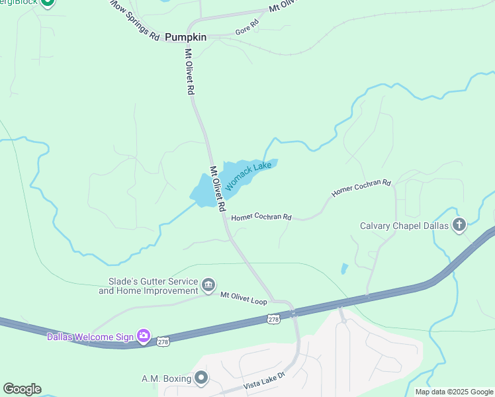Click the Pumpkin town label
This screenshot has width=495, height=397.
pos(185,37)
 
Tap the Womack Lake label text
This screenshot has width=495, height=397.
pos(249,176)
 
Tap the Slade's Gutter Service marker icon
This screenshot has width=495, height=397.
pos(208,285)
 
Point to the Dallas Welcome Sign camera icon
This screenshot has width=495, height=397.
pos(143,336)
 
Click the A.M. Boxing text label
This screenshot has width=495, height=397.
pos(166,378)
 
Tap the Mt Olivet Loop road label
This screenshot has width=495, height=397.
pos(244,298)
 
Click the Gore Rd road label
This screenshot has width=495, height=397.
pos(247,28)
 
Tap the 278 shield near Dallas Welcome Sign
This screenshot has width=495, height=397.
pos(163,341)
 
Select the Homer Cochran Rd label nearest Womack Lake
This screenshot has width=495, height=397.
pos(261,217)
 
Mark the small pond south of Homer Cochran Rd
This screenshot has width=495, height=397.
pos(344,269)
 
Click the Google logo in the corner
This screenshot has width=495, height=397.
pos(22,389)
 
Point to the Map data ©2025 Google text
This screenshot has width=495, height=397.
pos(453,392)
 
